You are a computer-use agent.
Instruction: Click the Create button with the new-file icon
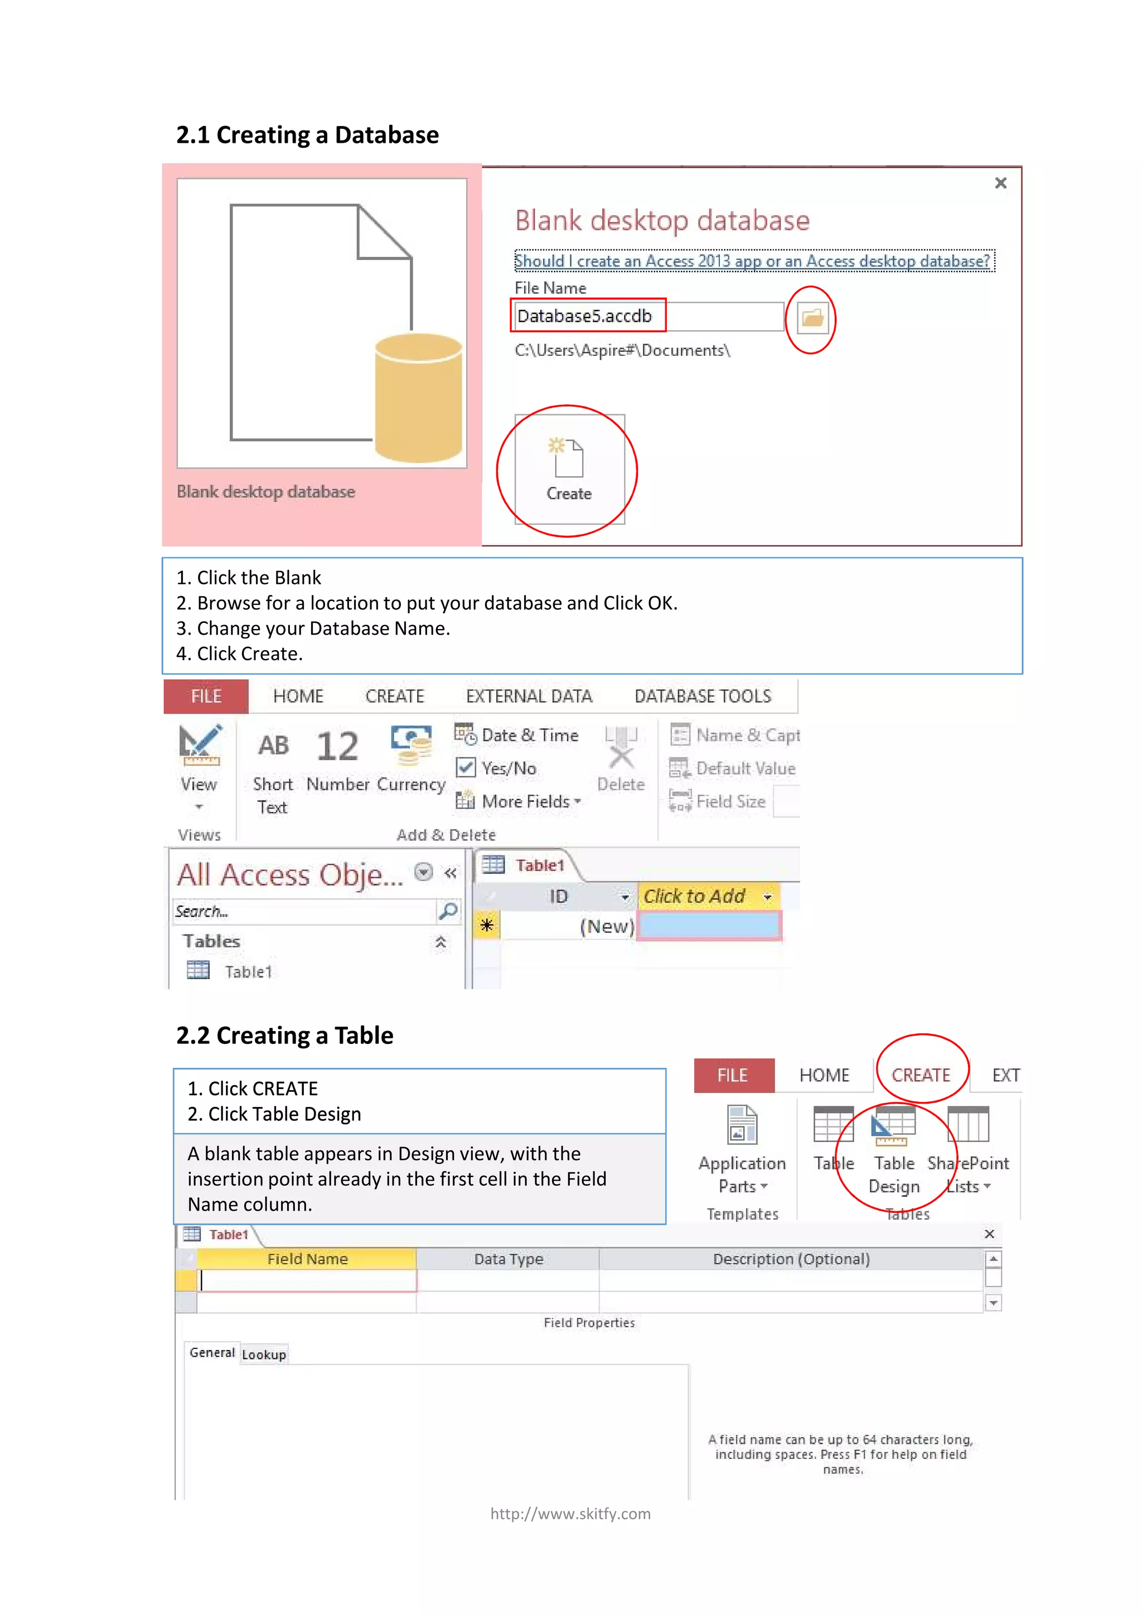click(x=569, y=469)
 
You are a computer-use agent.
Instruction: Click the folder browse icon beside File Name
click(x=812, y=318)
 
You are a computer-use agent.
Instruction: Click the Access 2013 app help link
click(x=752, y=261)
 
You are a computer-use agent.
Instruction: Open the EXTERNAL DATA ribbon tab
click(x=529, y=697)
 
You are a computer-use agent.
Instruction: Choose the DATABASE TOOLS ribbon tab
click(x=703, y=697)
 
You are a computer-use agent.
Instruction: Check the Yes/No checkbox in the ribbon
click(x=466, y=767)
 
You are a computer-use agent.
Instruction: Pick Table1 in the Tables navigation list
click(x=248, y=971)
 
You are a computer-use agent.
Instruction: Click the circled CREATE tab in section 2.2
click(x=921, y=1075)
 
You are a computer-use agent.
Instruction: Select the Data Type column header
click(x=508, y=1259)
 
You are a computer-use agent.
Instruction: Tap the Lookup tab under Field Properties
click(x=264, y=1355)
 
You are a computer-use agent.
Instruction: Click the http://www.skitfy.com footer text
click(x=570, y=1514)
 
